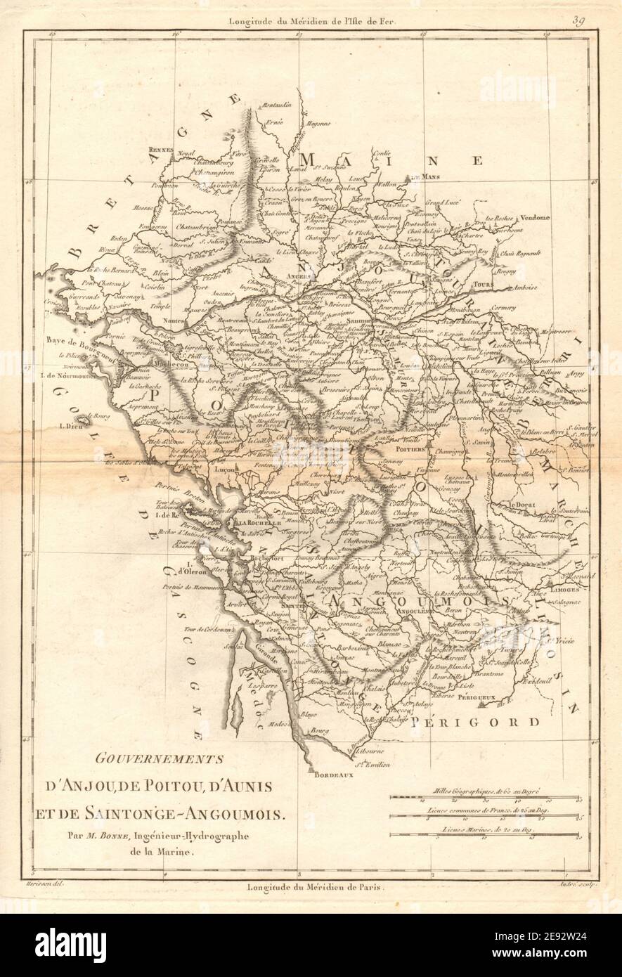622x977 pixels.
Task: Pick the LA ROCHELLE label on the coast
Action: [259, 524]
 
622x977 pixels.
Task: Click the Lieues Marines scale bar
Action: [488, 835]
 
